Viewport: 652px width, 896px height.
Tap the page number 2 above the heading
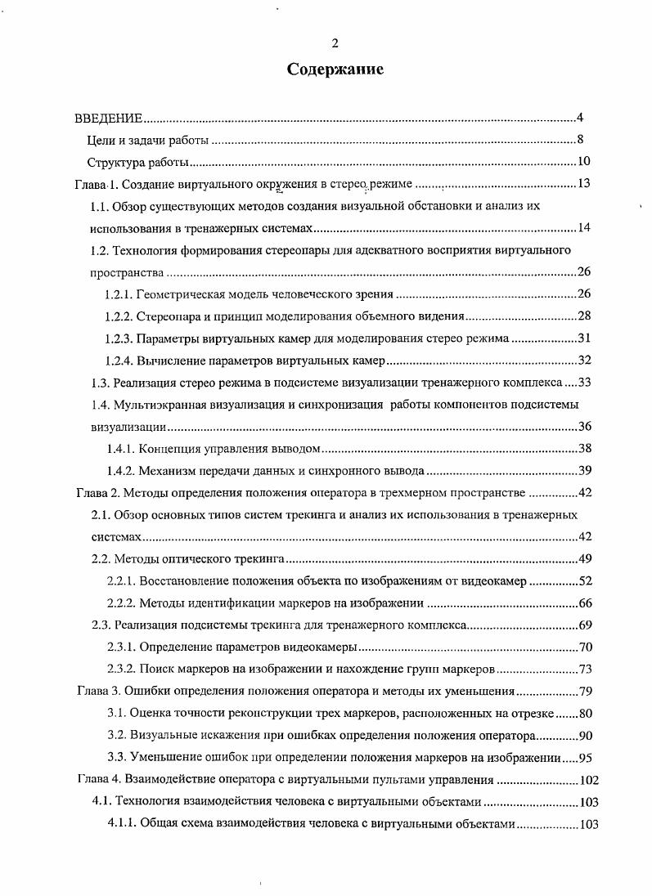335,43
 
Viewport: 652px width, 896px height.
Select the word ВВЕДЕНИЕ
110,118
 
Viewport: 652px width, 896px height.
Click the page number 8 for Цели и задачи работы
579,139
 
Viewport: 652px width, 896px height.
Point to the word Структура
113,161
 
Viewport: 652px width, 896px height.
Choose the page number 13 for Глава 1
583,183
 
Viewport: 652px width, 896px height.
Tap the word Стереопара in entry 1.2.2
166,316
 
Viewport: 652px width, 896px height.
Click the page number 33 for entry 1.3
584,383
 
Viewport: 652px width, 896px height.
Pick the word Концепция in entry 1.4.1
167,449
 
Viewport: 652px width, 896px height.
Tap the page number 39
584,471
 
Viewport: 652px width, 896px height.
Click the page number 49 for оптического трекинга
584,559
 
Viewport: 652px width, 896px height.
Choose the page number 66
584,603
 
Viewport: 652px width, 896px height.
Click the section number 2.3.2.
121,669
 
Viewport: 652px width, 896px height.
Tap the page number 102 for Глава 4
588,780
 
